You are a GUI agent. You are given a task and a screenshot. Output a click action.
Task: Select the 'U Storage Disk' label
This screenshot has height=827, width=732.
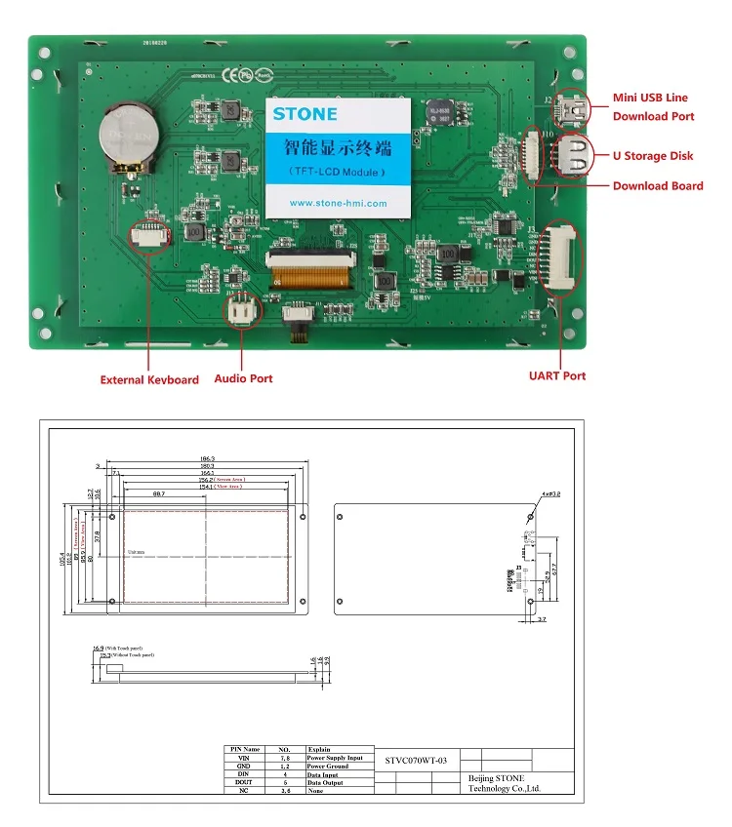[653, 156]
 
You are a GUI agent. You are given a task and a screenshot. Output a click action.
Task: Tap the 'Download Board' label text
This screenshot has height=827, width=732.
[657, 185]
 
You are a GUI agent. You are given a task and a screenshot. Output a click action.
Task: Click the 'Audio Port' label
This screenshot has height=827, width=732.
[243, 378]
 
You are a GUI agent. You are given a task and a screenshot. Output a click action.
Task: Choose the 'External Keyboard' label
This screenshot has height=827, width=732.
[149, 380]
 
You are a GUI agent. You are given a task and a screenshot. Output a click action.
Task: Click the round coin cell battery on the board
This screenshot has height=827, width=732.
[129, 137]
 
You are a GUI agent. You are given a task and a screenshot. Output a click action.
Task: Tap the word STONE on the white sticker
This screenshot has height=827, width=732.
[305, 114]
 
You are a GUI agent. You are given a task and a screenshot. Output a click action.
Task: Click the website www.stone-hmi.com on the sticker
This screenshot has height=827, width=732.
[339, 204]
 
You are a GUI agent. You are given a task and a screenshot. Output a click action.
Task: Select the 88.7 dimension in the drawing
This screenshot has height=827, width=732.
[158, 494]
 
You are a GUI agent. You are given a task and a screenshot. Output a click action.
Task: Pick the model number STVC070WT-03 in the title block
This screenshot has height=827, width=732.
[416, 760]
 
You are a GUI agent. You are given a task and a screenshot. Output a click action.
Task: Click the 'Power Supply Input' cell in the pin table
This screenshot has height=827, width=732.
[335, 758]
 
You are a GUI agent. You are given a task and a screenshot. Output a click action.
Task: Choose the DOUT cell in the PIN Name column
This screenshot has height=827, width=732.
[244, 782]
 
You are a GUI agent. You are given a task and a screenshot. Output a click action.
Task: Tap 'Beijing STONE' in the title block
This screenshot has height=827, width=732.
[497, 776]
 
